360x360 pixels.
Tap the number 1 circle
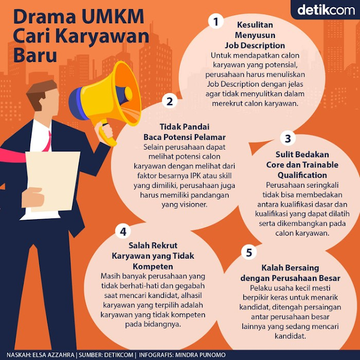[216, 21]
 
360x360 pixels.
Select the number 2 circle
[170, 101]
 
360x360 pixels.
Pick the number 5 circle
[249, 253]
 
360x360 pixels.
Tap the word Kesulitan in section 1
[255, 25]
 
